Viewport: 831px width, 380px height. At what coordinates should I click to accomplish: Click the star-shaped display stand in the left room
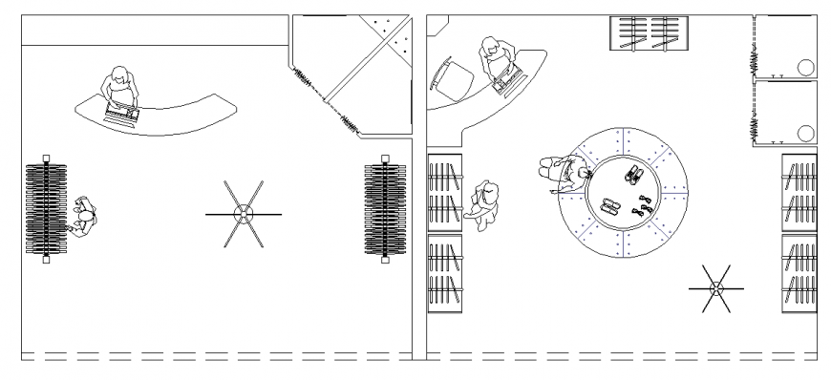click(244, 215)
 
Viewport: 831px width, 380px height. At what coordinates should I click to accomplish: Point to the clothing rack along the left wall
click(45, 209)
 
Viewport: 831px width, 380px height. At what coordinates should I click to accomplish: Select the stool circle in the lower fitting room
click(804, 133)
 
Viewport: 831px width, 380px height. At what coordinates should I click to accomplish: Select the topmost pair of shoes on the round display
click(632, 174)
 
